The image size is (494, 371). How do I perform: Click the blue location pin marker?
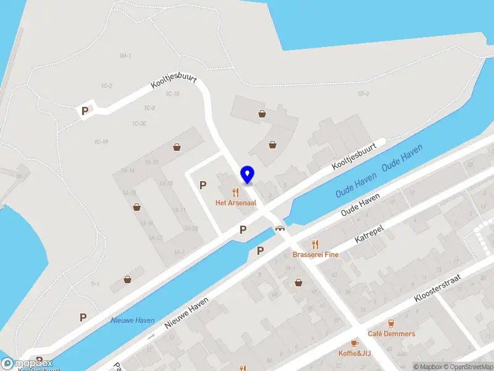[247, 175]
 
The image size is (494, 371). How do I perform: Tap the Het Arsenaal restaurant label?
[235, 202]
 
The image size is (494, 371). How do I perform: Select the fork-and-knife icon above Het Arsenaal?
[235, 192]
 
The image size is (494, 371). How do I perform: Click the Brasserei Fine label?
[316, 254]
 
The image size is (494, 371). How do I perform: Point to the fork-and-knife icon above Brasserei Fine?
[316, 244]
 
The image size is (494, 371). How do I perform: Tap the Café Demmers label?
[391, 334]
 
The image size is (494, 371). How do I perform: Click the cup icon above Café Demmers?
[391, 323]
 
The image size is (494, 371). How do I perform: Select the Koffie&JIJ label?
[354, 353]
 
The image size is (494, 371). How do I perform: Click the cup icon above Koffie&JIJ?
[354, 343]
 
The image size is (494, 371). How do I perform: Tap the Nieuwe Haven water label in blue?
[132, 320]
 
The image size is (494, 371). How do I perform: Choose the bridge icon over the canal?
[280, 229]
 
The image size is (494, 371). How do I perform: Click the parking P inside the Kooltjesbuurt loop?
[85, 111]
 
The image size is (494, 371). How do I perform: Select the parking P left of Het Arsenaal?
[203, 184]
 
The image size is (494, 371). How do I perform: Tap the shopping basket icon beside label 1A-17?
[177, 147]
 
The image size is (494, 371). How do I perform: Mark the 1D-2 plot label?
[363, 94]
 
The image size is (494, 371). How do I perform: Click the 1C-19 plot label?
[102, 142]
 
